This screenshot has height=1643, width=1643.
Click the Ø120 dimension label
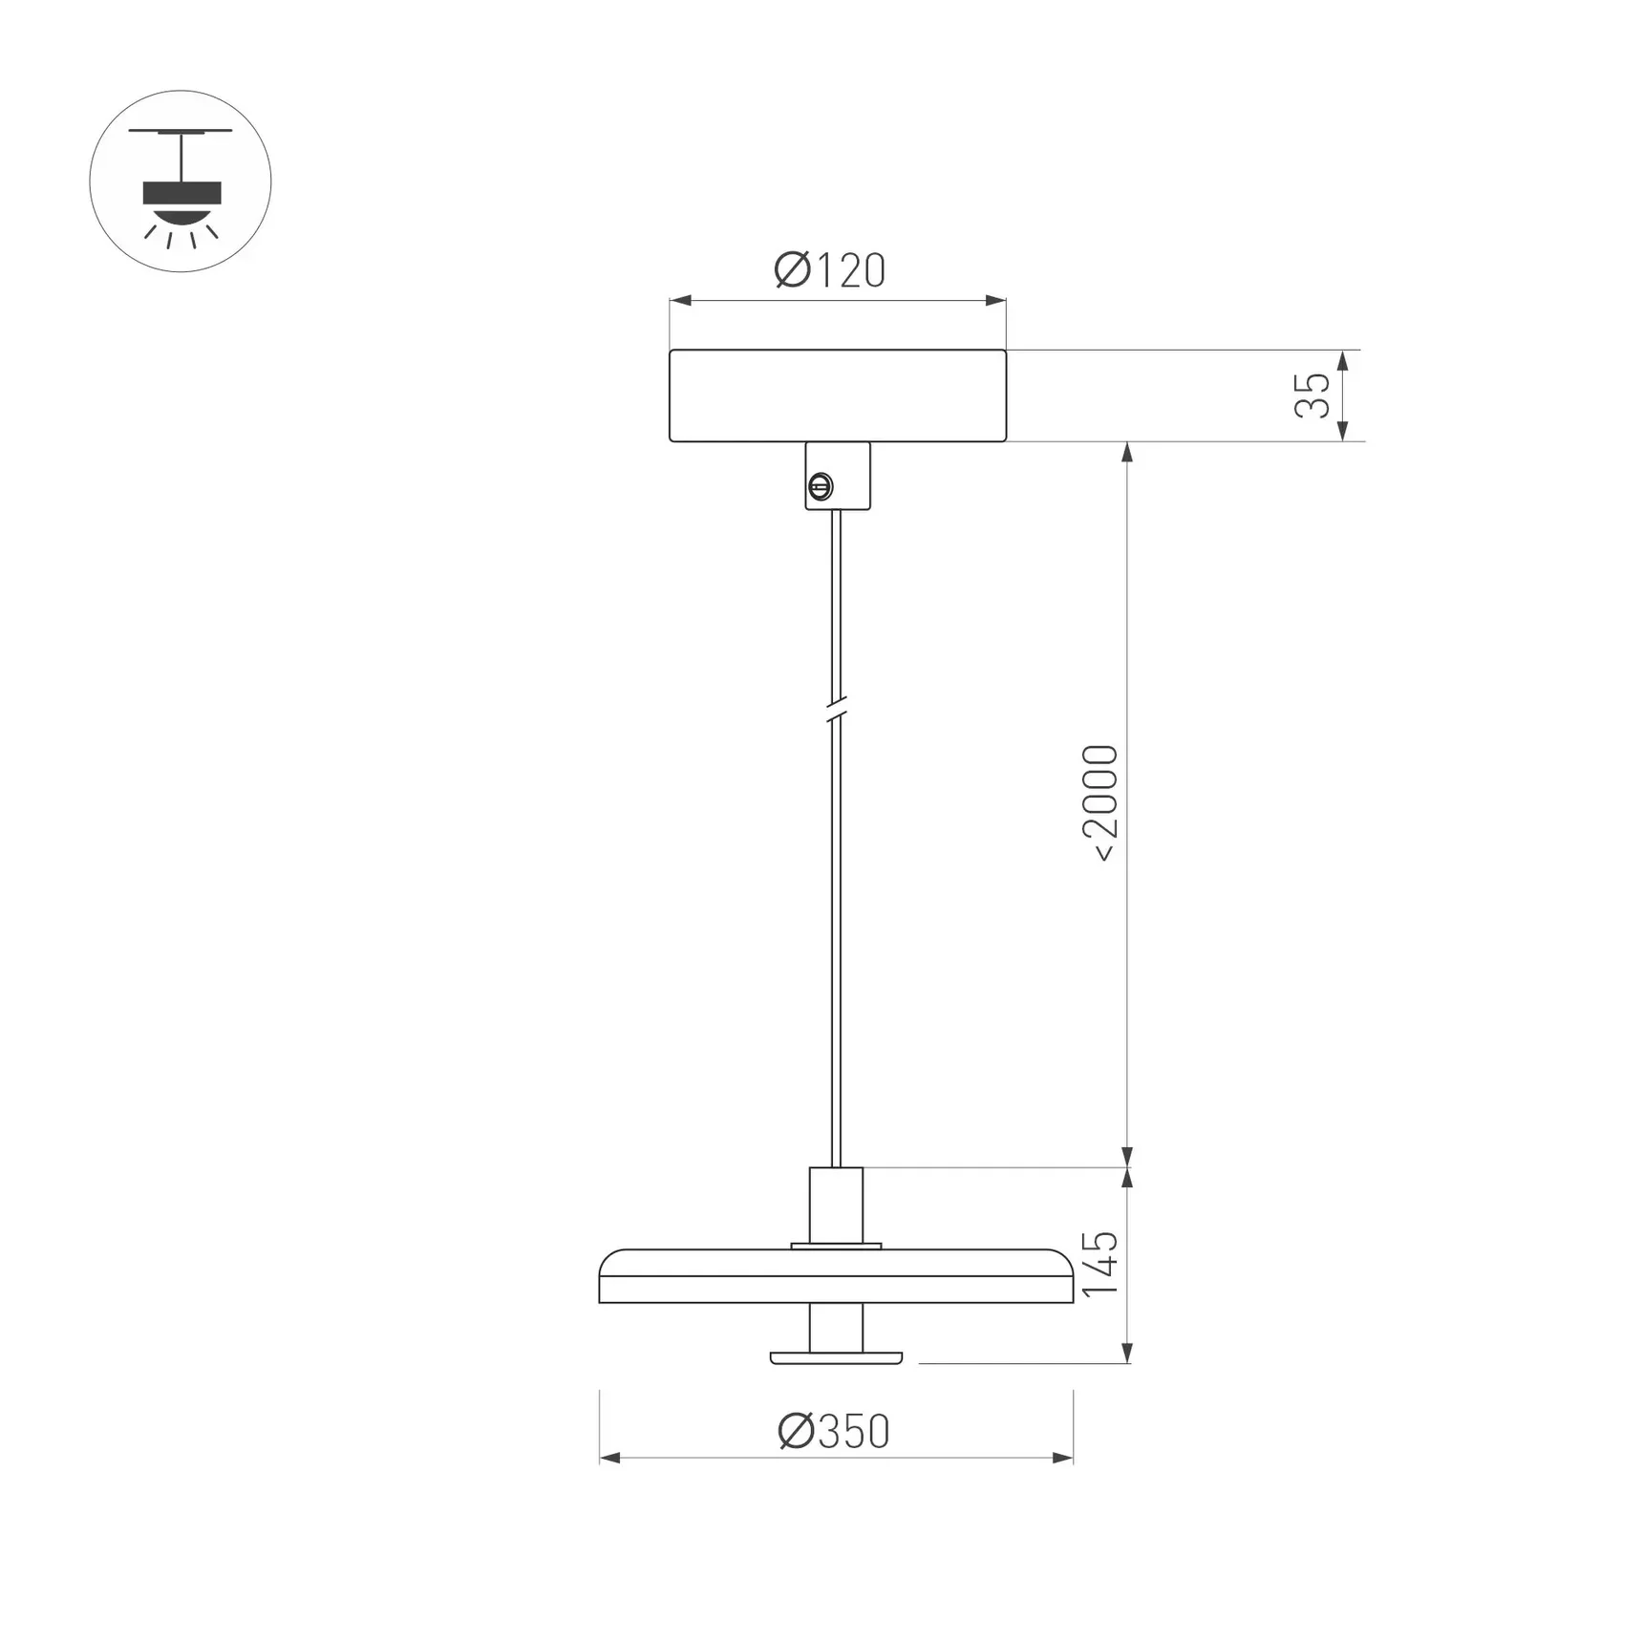(829, 271)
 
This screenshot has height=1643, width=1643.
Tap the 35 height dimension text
(1312, 395)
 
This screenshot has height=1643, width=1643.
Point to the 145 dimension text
(1099, 1264)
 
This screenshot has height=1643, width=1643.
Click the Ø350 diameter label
(833, 1432)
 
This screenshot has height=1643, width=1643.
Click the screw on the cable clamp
(820, 487)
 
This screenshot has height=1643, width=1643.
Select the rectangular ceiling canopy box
(837, 395)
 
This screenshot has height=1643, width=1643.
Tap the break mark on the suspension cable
(836, 709)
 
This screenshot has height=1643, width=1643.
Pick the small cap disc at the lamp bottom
(836, 1357)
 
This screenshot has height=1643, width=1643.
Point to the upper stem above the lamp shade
(836, 1206)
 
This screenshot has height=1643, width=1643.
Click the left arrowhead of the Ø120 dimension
(680, 301)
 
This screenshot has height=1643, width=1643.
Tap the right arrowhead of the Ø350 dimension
(1062, 1458)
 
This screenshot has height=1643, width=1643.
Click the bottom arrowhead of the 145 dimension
(1127, 1353)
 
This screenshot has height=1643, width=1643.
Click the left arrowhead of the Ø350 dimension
(610, 1458)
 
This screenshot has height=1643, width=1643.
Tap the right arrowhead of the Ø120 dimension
(995, 301)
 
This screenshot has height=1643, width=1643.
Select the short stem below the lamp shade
(836, 1328)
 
